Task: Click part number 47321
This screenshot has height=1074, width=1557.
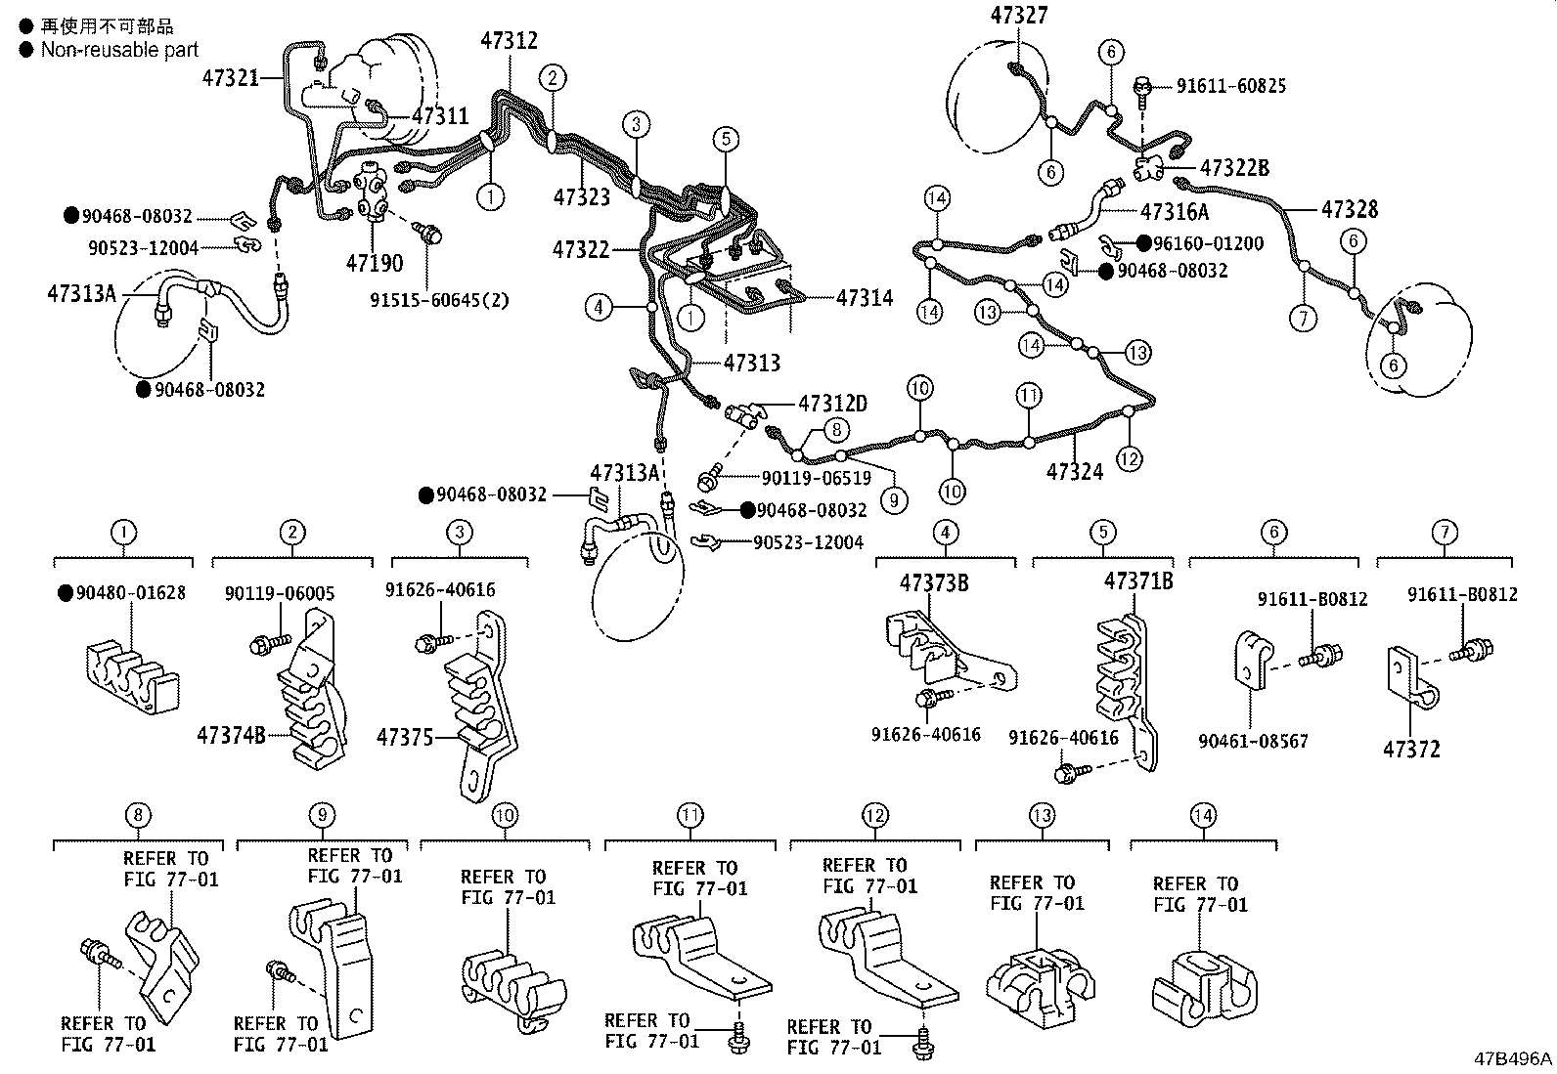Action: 230,76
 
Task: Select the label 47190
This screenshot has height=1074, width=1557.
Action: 374,264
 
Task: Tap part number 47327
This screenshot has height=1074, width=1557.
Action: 1019,15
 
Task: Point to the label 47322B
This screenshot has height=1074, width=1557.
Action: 1234,168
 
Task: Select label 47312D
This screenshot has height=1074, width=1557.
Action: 832,403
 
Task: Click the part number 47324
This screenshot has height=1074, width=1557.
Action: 1075,472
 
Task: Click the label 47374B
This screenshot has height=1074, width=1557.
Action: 231,734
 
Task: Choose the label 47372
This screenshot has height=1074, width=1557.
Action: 1411,750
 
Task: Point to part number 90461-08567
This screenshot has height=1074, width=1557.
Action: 1253,742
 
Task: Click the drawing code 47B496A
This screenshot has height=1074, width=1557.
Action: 1513,1058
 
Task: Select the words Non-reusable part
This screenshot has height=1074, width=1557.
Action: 119,50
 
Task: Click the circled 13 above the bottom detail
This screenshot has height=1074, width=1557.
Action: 1042,815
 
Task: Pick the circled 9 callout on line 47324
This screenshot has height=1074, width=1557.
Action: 893,500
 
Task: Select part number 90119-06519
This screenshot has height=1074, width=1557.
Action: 816,478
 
